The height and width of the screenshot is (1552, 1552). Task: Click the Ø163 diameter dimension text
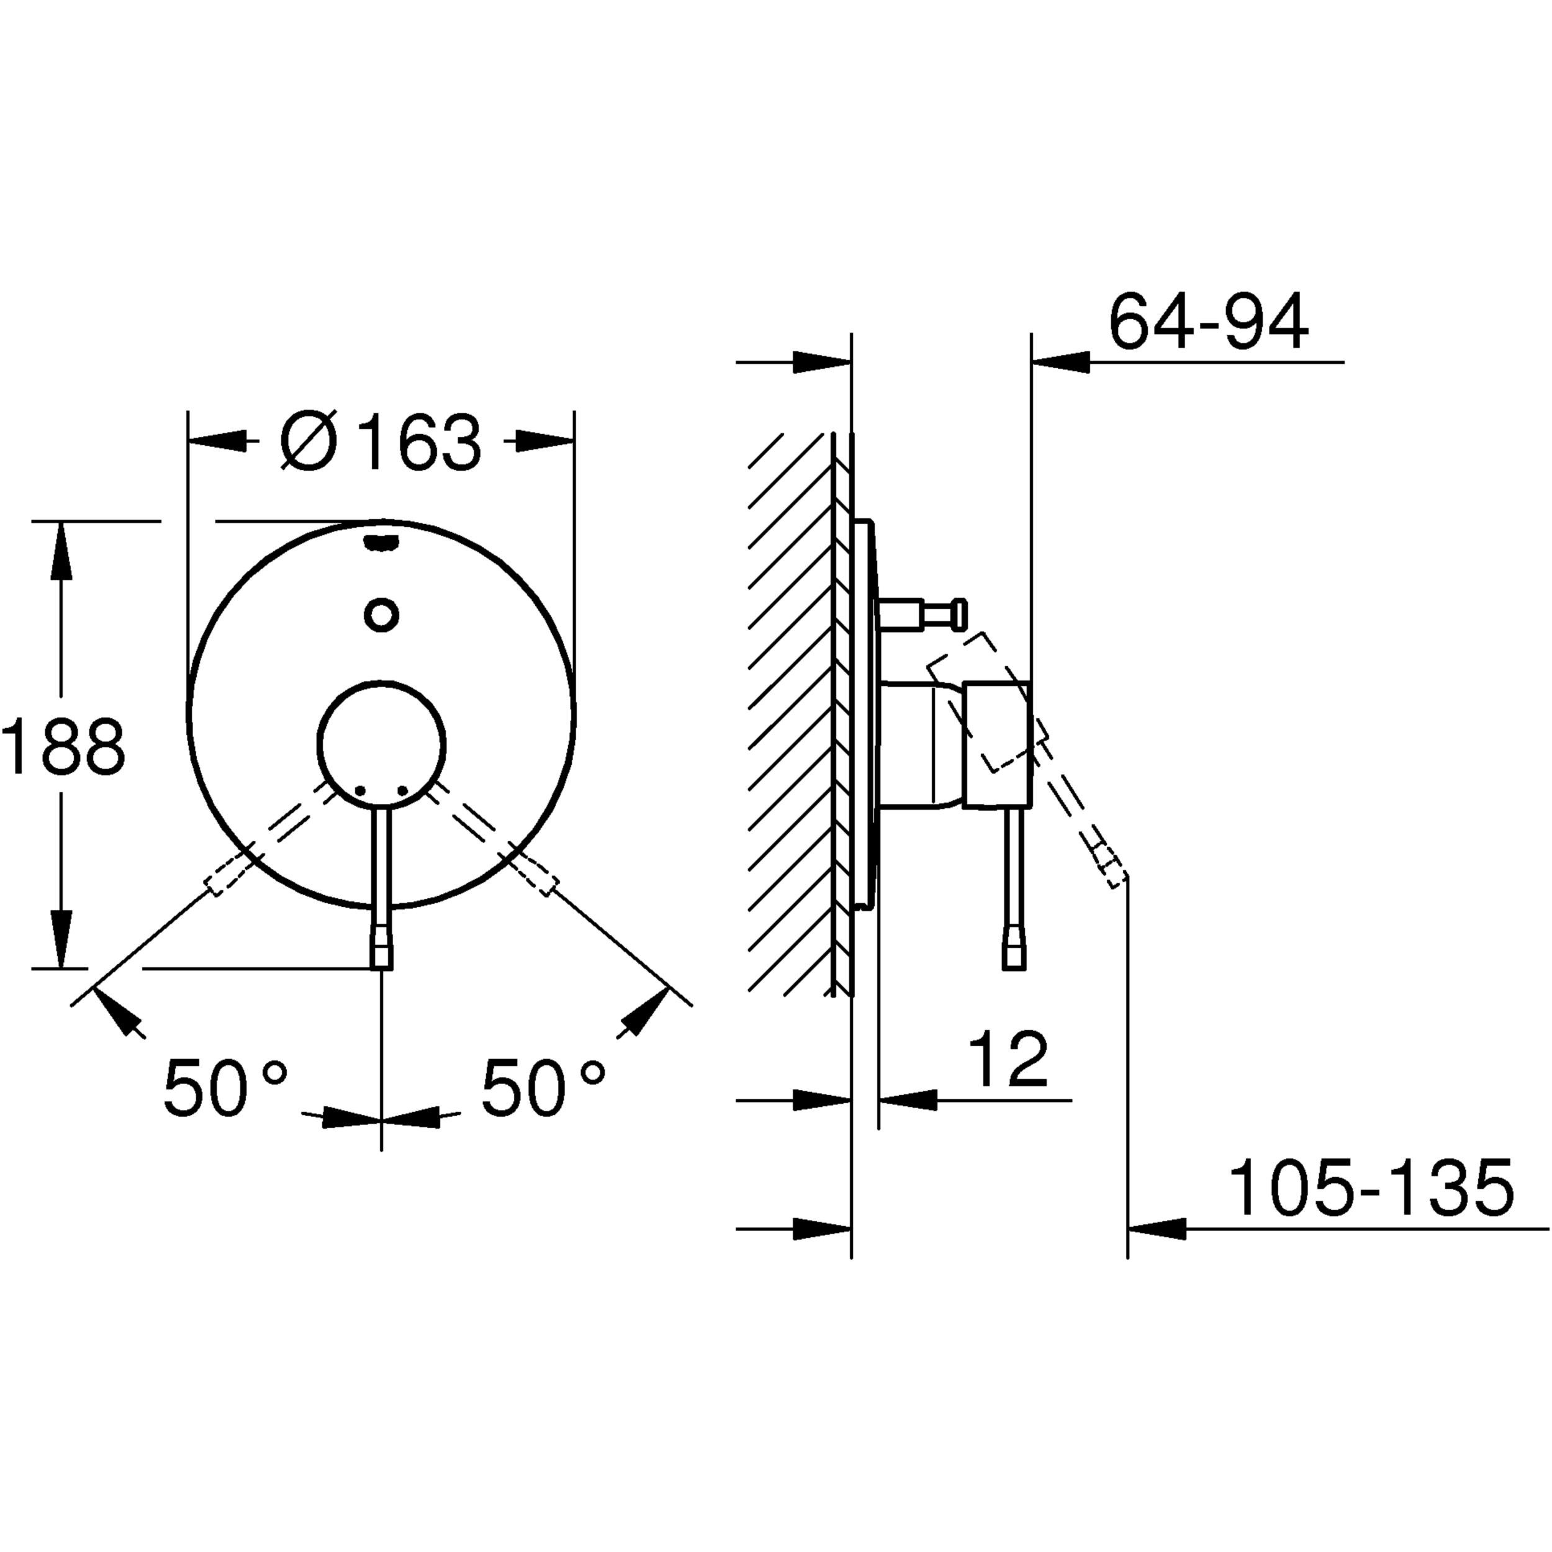[381, 442]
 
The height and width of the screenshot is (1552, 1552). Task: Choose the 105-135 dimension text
[1371, 1188]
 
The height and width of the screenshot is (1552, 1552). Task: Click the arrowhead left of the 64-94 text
[1061, 363]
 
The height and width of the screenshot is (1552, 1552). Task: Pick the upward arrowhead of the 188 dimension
[60, 549]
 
